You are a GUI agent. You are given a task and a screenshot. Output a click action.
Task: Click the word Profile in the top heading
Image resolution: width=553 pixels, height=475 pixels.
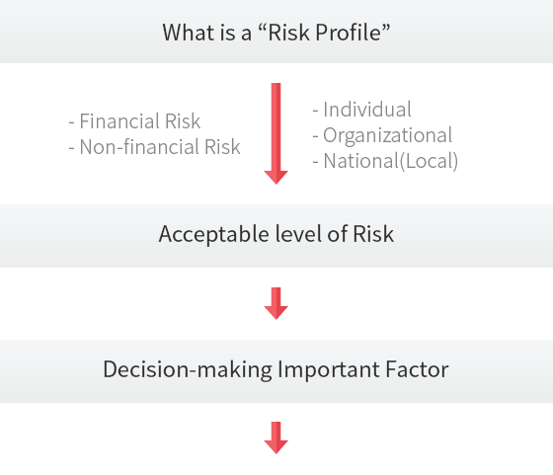(x=349, y=33)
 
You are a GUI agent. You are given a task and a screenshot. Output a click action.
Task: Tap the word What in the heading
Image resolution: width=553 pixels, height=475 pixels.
(x=188, y=33)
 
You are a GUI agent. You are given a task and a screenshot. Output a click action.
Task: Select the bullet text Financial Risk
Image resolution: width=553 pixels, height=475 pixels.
(x=134, y=121)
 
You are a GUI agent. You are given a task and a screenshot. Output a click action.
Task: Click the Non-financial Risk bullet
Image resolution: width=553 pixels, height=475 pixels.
(x=154, y=147)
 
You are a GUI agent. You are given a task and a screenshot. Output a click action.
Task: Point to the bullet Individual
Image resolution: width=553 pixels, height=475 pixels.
(x=361, y=110)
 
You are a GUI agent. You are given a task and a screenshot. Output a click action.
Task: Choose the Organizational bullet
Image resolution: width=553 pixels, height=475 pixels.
(x=382, y=135)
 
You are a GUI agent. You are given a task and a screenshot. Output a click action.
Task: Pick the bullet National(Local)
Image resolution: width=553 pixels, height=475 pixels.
(x=385, y=161)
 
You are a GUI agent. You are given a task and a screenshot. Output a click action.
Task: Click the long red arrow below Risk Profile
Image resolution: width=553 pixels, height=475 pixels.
(x=276, y=133)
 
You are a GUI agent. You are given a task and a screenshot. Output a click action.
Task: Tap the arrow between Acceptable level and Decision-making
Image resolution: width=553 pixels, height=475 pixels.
(x=276, y=303)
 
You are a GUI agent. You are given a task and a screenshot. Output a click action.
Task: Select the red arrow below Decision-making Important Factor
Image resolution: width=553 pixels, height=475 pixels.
(x=276, y=437)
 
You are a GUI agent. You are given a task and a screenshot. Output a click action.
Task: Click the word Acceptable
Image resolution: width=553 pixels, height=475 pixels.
(x=214, y=234)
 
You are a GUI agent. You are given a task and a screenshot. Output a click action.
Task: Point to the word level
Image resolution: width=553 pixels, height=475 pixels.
(x=298, y=234)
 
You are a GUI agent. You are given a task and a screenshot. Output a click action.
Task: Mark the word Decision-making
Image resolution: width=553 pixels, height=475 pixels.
(x=188, y=370)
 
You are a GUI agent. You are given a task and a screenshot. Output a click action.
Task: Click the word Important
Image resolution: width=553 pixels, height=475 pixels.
(x=329, y=370)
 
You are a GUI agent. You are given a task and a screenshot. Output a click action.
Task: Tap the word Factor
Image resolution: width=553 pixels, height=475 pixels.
(x=417, y=369)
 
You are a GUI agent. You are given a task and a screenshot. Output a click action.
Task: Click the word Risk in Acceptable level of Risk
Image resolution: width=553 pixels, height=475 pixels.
(x=373, y=234)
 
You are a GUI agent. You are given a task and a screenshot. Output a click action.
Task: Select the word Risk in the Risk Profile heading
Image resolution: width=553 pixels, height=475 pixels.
(x=289, y=33)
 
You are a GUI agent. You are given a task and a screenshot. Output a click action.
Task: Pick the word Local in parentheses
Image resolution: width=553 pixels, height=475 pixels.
(x=429, y=161)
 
